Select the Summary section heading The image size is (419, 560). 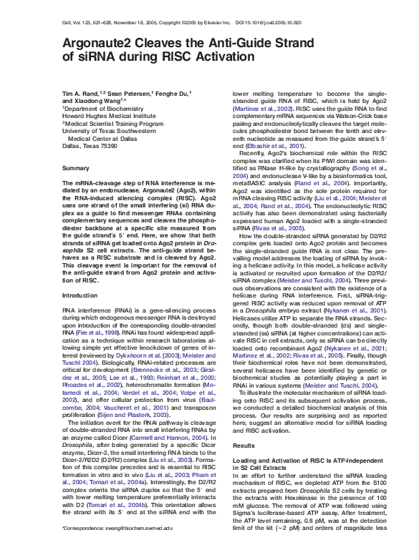[76, 168]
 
